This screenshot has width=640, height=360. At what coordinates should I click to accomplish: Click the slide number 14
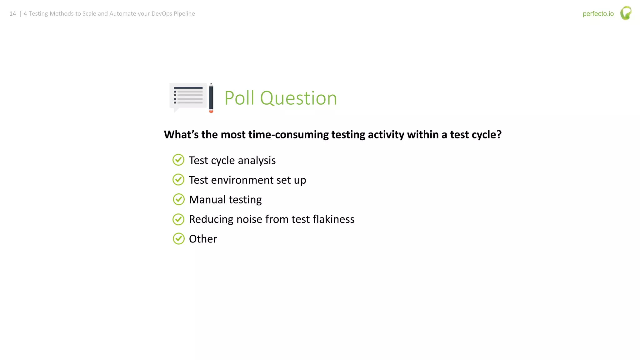coord(12,14)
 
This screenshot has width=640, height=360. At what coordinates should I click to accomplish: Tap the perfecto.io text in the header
coord(598,14)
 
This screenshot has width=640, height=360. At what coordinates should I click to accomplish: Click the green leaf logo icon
coord(626,13)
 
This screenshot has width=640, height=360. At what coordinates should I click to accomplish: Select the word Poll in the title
coord(239,98)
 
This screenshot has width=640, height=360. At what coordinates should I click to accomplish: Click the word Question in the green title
coord(298,99)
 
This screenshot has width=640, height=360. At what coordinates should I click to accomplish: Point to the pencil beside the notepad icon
coord(211,98)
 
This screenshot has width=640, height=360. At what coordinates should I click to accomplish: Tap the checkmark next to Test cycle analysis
coord(178,160)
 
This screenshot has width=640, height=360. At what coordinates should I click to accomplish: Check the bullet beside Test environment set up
coord(178,180)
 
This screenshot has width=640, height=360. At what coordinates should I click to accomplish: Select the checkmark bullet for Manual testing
coord(178,199)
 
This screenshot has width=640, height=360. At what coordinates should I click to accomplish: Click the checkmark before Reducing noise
coord(178,219)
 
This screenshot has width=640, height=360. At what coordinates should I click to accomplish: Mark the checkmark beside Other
coord(178,239)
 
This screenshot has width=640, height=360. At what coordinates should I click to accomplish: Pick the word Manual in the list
coord(207,199)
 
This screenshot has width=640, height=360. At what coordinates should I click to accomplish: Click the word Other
coord(203,239)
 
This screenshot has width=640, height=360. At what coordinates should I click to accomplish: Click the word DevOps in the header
coord(162,14)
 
